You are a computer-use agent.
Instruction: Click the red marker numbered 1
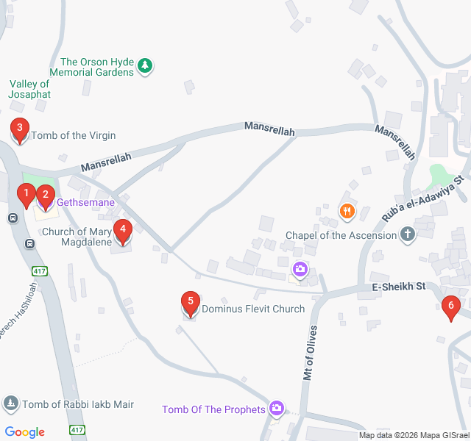(x=26, y=196)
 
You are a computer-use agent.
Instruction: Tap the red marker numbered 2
(x=46, y=196)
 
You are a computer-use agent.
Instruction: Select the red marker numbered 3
(x=20, y=129)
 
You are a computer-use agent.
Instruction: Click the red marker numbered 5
(x=191, y=302)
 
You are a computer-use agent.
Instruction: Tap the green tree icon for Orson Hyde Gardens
(x=146, y=66)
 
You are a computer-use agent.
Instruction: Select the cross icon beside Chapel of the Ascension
(x=407, y=235)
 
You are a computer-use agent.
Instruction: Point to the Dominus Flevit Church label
(x=252, y=309)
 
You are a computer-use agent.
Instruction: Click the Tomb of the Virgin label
(x=73, y=135)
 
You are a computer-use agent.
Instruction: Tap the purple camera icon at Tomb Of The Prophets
(x=277, y=408)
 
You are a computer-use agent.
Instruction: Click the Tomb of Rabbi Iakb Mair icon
(x=11, y=404)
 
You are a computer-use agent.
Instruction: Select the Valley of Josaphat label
(x=29, y=90)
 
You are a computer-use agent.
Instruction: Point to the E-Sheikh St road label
(x=399, y=287)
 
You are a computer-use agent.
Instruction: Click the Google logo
(x=24, y=432)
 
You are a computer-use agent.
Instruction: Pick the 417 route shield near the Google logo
(x=77, y=429)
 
